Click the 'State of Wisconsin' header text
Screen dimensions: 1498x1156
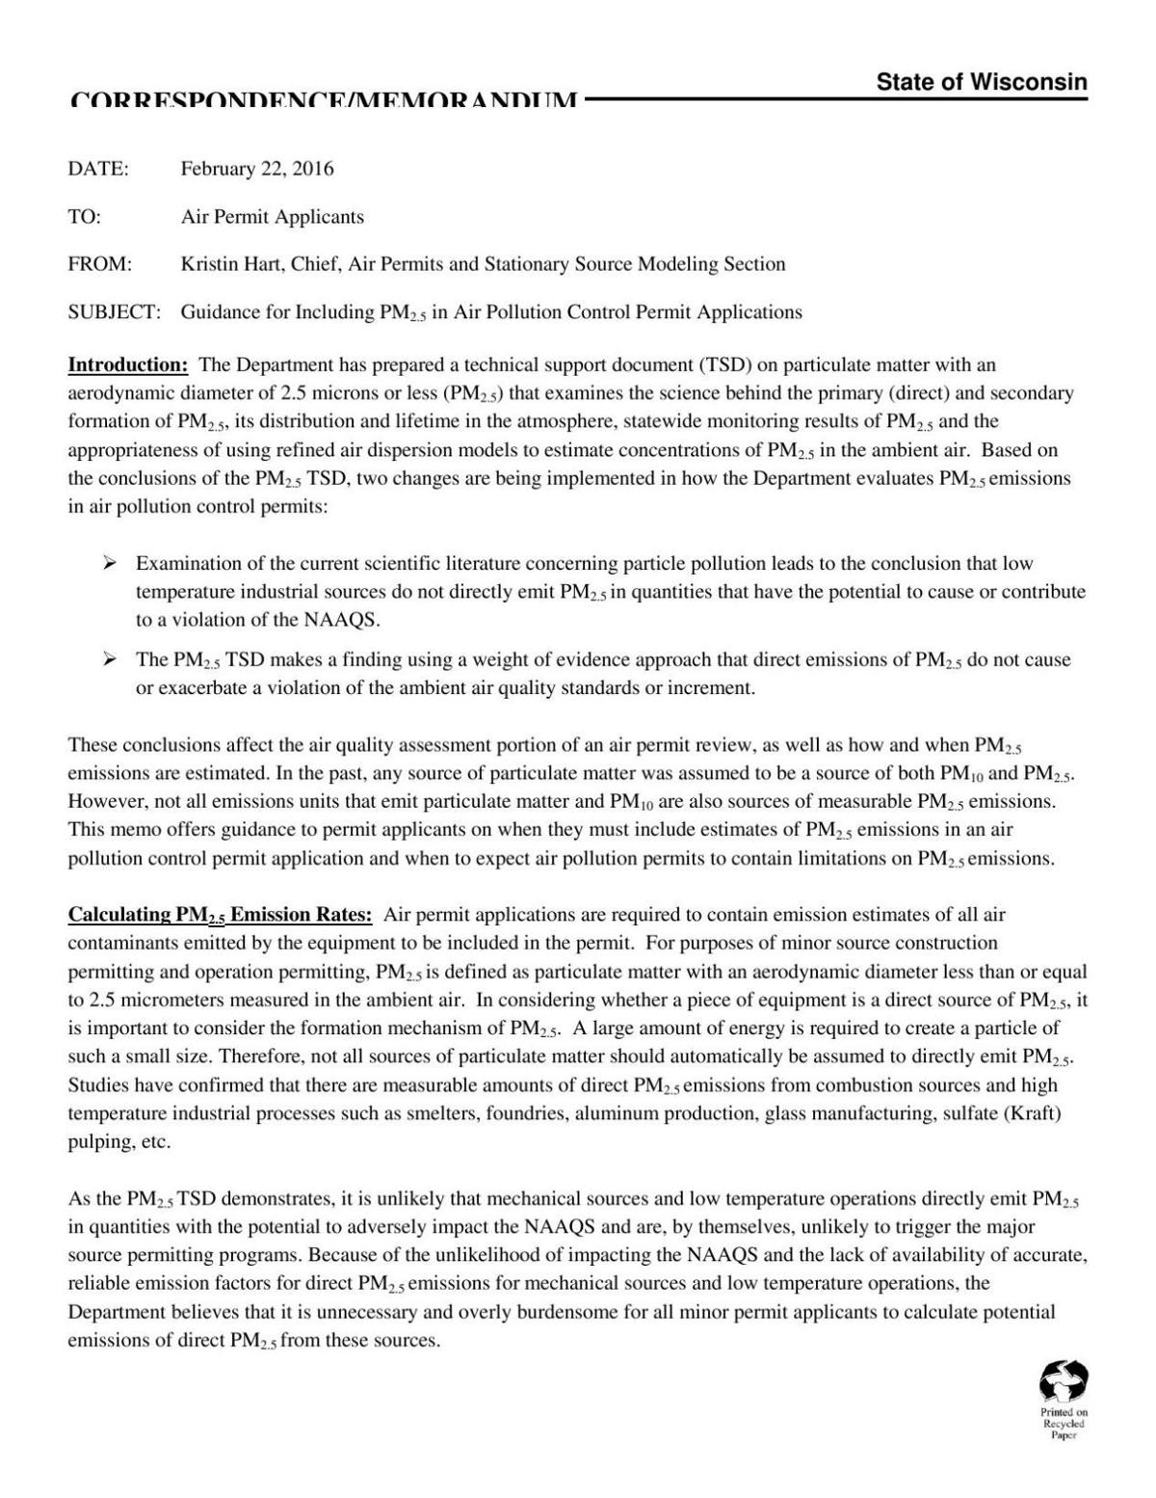pyautogui.click(x=981, y=83)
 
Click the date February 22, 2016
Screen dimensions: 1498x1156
pyautogui.click(x=257, y=169)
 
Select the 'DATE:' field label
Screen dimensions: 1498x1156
pyautogui.click(x=98, y=169)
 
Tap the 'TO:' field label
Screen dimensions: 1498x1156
pyautogui.click(x=85, y=217)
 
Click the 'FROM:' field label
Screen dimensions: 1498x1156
pyautogui.click(x=100, y=264)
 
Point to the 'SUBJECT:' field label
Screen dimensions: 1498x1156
pyautogui.click(x=114, y=312)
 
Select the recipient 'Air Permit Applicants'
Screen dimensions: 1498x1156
pyautogui.click(x=273, y=217)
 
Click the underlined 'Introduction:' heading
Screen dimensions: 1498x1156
pyautogui.click(x=127, y=365)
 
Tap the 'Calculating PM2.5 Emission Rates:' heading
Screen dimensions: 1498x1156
pyautogui.click(x=220, y=915)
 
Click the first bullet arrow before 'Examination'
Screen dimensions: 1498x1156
pyautogui.click(x=111, y=563)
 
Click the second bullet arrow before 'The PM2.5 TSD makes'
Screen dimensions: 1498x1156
pyautogui.click(x=111, y=659)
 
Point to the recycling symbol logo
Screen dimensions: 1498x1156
pyautogui.click(x=1063, y=1380)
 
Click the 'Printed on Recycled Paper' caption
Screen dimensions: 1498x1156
pyautogui.click(x=1063, y=1423)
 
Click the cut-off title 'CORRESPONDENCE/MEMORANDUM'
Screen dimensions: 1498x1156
pyautogui.click(x=324, y=100)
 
